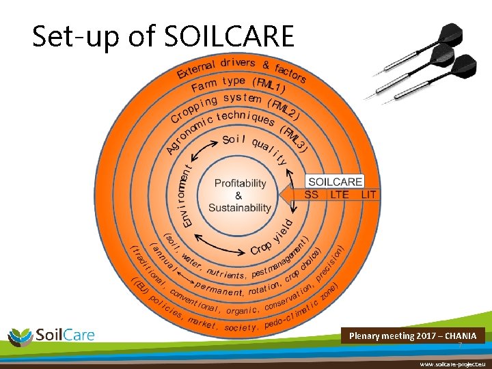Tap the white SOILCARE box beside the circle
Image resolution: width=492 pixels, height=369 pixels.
click(x=335, y=182)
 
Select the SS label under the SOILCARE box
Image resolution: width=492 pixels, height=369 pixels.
click(x=312, y=195)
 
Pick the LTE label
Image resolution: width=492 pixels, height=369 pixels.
click(x=340, y=195)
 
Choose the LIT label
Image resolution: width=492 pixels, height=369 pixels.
click(x=369, y=195)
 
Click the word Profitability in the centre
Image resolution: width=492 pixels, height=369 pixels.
click(x=240, y=183)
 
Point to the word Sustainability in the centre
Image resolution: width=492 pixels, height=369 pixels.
click(x=240, y=208)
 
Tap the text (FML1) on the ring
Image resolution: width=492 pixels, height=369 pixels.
click(x=269, y=85)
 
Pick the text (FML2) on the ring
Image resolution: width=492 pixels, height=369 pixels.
click(x=282, y=109)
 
